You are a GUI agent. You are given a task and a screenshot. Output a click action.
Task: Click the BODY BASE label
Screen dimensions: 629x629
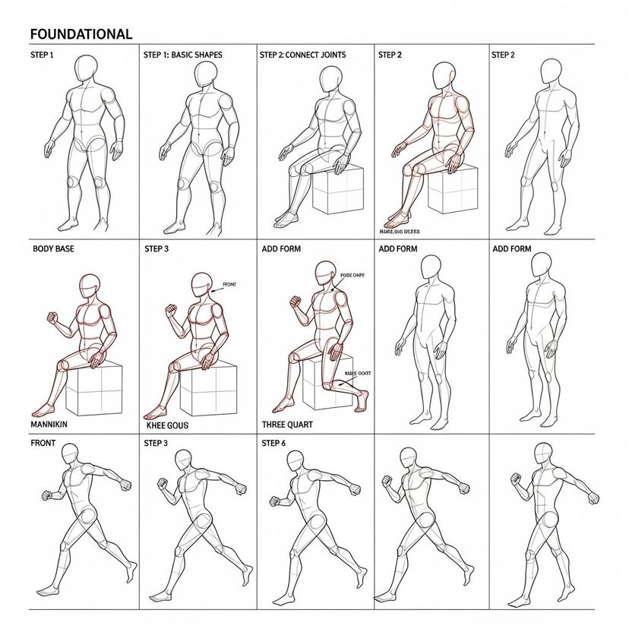point(53,248)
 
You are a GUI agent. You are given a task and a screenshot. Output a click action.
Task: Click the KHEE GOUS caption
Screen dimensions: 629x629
point(166,426)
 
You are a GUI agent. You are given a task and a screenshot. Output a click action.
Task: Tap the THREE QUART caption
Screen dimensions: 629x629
point(286,425)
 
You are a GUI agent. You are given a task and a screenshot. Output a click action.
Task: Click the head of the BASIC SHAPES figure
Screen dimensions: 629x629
point(205,74)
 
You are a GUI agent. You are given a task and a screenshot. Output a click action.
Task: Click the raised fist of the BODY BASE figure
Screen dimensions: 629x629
point(52,316)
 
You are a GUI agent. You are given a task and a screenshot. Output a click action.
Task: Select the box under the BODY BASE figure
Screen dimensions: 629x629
point(94,390)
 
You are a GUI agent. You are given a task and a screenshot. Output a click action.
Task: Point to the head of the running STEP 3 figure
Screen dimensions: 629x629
point(183,459)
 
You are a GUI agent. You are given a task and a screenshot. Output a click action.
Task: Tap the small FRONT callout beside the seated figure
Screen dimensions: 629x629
point(229,285)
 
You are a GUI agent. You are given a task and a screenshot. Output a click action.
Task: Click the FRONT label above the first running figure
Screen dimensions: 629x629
point(44,442)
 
